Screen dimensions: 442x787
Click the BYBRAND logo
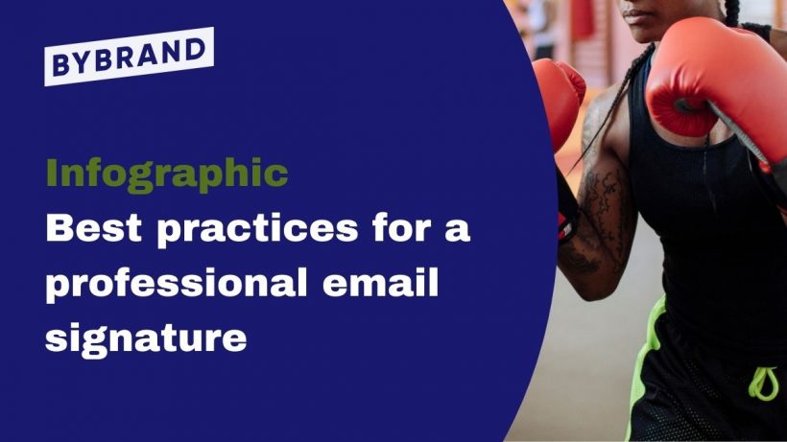click(x=129, y=57)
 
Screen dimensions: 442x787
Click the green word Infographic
click(x=167, y=174)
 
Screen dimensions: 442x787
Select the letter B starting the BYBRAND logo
click(x=60, y=67)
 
